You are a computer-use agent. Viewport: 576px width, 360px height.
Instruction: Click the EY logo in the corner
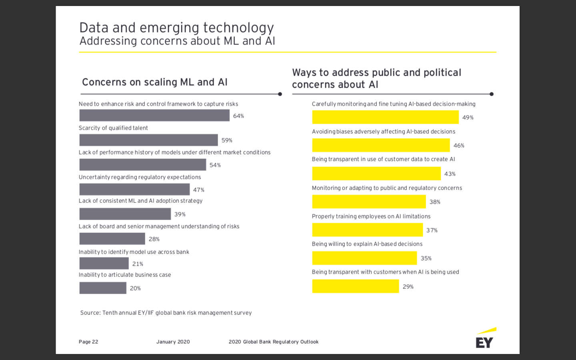click(x=485, y=339)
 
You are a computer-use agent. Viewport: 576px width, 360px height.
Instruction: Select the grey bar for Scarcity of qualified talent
click(x=148, y=140)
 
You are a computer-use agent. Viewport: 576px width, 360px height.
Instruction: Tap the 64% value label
click(x=238, y=116)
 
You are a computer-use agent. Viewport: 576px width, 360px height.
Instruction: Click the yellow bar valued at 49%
click(x=385, y=117)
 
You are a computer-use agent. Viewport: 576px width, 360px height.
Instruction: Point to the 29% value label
click(x=408, y=287)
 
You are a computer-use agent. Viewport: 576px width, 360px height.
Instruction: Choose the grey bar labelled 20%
click(x=103, y=288)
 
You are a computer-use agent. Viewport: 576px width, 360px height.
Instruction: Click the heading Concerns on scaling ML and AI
click(x=154, y=82)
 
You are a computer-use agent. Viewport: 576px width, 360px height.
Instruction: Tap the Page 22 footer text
click(x=88, y=342)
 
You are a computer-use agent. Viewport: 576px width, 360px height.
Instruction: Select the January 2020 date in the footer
click(x=173, y=342)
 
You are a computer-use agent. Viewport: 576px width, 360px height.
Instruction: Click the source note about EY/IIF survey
click(x=166, y=313)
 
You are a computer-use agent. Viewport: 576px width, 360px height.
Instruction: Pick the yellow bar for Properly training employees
click(x=367, y=230)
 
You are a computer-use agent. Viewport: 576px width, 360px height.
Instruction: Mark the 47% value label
click(x=199, y=190)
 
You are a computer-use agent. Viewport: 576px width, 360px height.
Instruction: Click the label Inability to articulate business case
click(x=125, y=275)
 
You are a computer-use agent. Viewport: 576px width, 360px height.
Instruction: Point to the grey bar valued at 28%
click(x=112, y=239)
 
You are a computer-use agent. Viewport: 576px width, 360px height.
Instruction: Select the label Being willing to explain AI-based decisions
click(x=367, y=244)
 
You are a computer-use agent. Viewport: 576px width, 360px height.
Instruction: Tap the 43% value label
click(x=450, y=174)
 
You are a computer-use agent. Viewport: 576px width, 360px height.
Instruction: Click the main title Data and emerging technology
click(x=176, y=28)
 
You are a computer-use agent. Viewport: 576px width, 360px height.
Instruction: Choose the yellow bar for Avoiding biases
click(x=381, y=145)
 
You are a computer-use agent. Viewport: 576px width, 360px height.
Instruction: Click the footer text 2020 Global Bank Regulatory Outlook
click(x=274, y=342)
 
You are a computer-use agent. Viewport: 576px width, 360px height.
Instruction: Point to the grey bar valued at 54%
click(x=142, y=165)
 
